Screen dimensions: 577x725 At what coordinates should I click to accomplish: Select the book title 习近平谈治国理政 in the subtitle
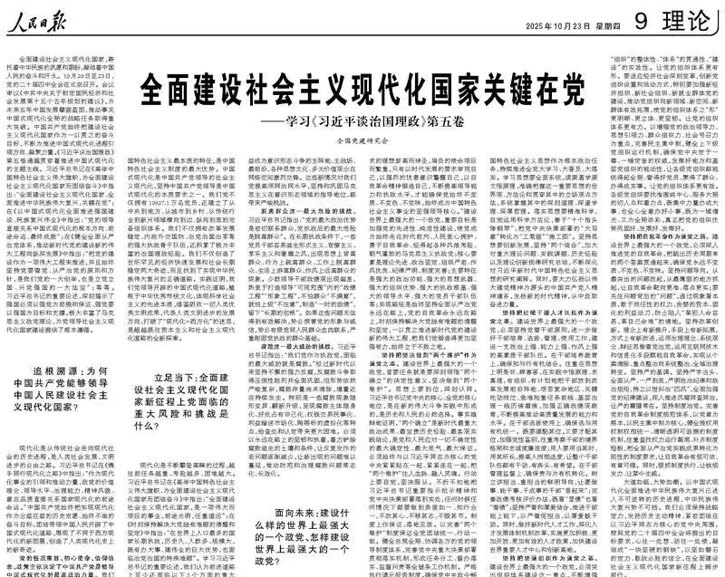coord(407,125)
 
